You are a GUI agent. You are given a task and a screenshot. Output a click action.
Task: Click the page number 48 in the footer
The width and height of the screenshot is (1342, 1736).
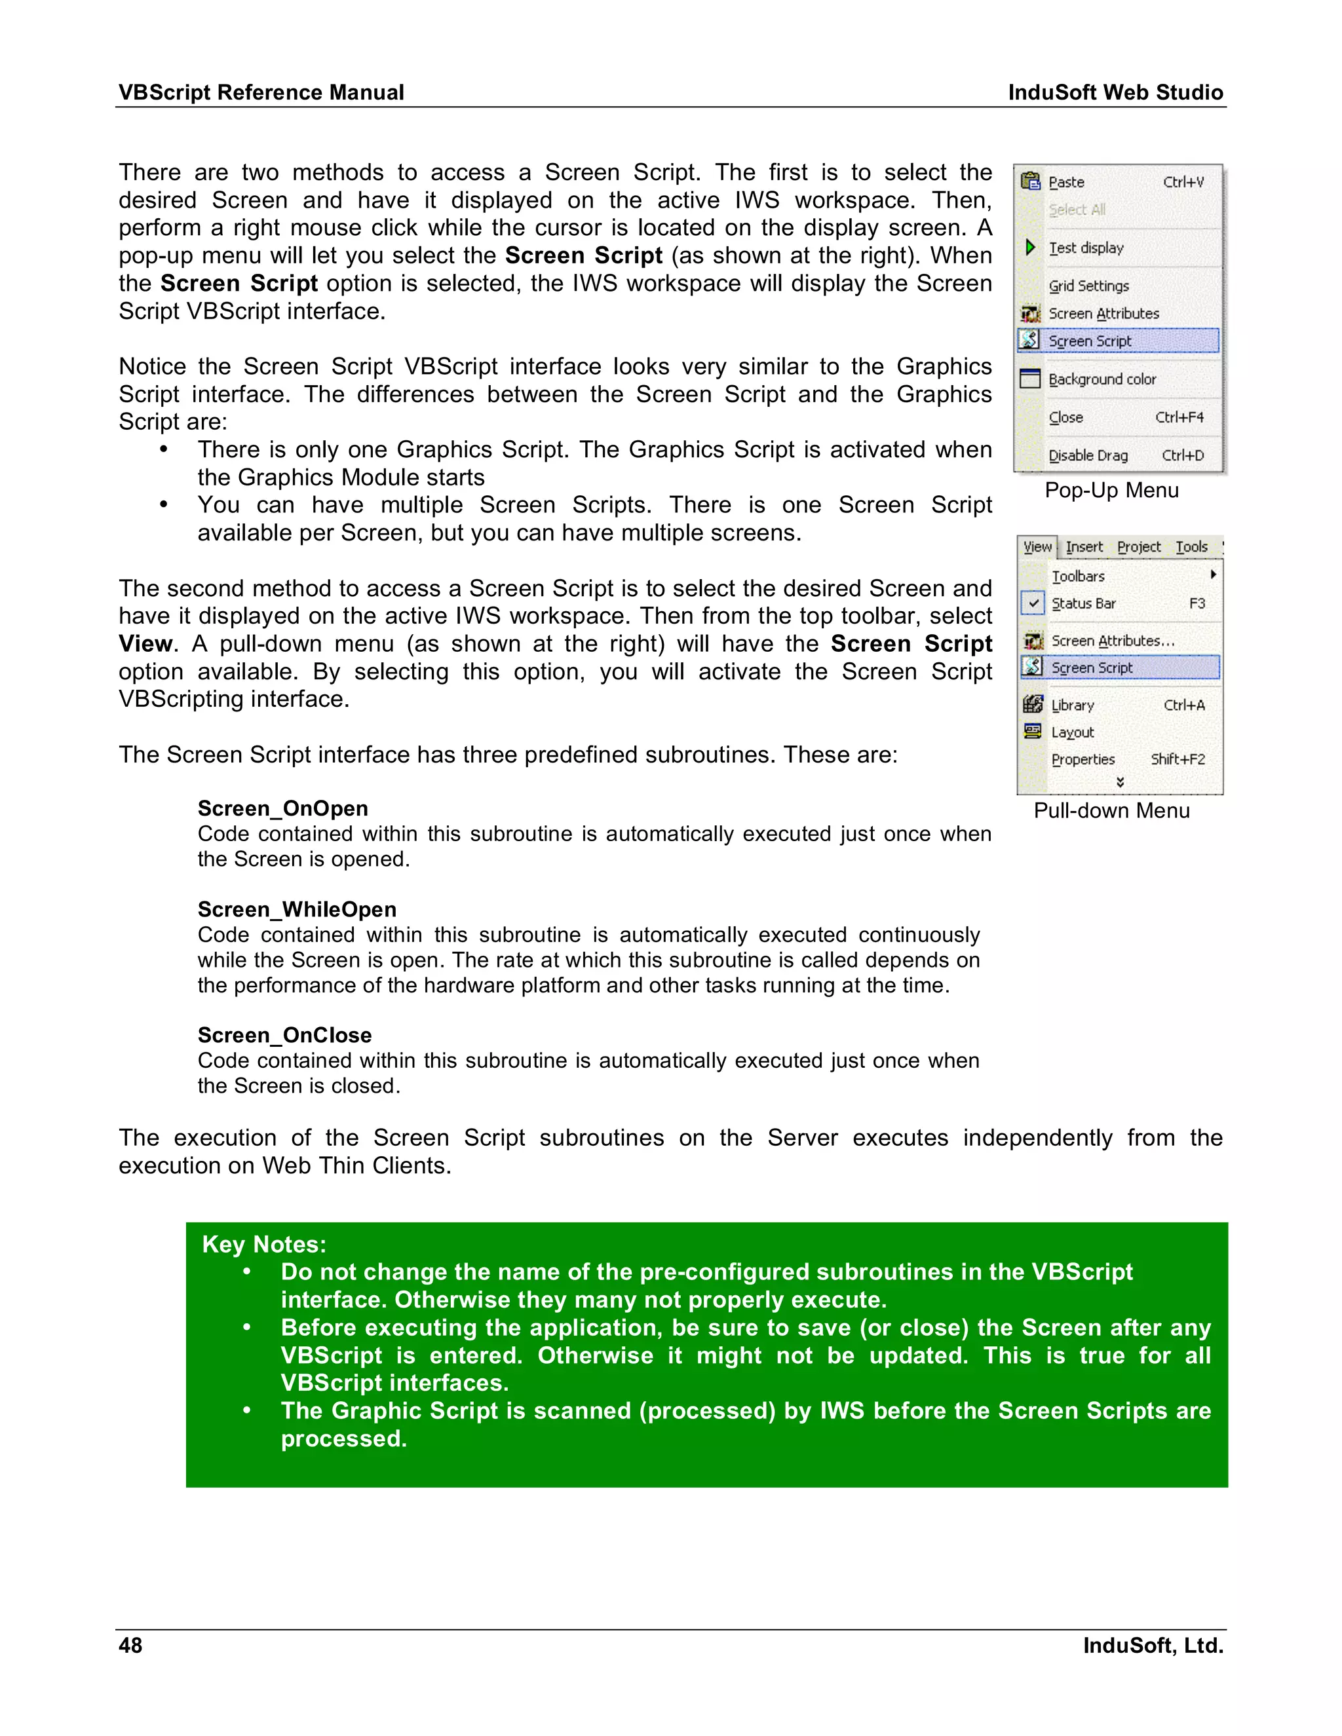[130, 1646]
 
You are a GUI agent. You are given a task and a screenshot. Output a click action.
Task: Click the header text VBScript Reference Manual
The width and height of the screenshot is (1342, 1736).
[261, 92]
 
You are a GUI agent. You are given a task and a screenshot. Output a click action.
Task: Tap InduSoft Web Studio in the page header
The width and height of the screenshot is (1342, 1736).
[1115, 92]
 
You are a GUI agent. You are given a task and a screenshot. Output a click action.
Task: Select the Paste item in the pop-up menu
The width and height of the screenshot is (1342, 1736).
[1066, 182]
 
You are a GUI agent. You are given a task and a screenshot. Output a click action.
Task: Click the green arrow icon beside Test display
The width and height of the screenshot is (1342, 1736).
[1030, 247]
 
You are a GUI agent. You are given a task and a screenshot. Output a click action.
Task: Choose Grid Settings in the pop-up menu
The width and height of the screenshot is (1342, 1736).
[1088, 286]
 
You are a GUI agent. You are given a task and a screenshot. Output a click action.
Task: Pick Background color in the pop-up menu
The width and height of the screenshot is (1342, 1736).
[1102, 379]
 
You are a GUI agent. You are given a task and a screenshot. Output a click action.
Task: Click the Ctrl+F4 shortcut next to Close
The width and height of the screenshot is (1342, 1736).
[1179, 417]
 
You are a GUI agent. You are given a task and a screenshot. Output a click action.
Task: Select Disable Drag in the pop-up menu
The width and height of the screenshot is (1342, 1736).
[1088, 455]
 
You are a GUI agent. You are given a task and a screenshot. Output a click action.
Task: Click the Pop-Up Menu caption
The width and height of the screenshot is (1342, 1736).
[1111, 491]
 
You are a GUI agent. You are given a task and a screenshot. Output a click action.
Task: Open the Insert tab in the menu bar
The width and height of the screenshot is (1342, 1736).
[1084, 547]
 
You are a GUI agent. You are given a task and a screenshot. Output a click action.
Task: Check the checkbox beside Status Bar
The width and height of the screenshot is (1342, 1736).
[1033, 603]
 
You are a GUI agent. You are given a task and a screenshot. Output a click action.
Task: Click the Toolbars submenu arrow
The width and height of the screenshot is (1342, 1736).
[1213, 574]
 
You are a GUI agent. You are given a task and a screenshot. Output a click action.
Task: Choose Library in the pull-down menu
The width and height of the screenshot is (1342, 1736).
[1073, 705]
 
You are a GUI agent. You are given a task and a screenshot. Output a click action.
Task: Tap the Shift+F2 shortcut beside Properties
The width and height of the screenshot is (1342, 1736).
[1178, 759]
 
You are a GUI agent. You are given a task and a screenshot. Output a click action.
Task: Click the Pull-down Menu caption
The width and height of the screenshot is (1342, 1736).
[1111, 811]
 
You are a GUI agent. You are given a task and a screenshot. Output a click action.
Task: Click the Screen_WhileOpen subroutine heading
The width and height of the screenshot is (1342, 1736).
[297, 909]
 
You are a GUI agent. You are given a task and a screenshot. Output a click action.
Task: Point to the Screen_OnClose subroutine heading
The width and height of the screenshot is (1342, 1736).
[284, 1035]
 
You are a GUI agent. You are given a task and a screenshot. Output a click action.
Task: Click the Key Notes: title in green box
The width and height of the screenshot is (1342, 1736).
[264, 1244]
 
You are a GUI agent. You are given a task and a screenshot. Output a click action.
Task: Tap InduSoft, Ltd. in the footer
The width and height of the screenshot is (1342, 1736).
[1152, 1646]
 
